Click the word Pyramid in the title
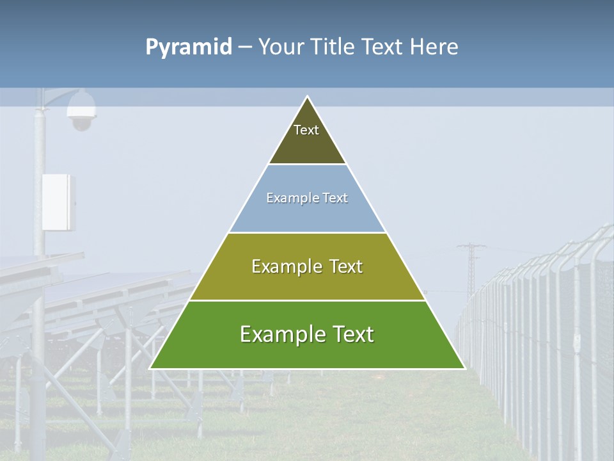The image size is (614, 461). [189, 47]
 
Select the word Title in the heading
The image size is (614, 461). [333, 47]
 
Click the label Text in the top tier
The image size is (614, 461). [306, 130]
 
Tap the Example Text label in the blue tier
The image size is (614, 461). [307, 198]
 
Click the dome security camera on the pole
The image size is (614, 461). [82, 111]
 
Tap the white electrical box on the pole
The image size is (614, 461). [58, 202]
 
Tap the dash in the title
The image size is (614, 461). [245, 47]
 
